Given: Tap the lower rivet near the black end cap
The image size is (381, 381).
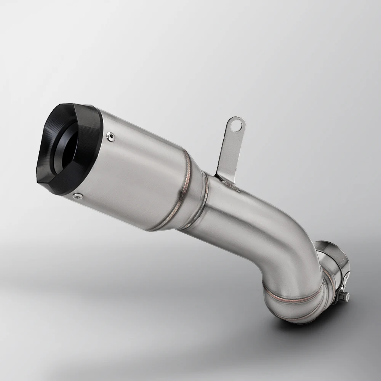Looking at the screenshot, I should [x=77, y=195].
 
